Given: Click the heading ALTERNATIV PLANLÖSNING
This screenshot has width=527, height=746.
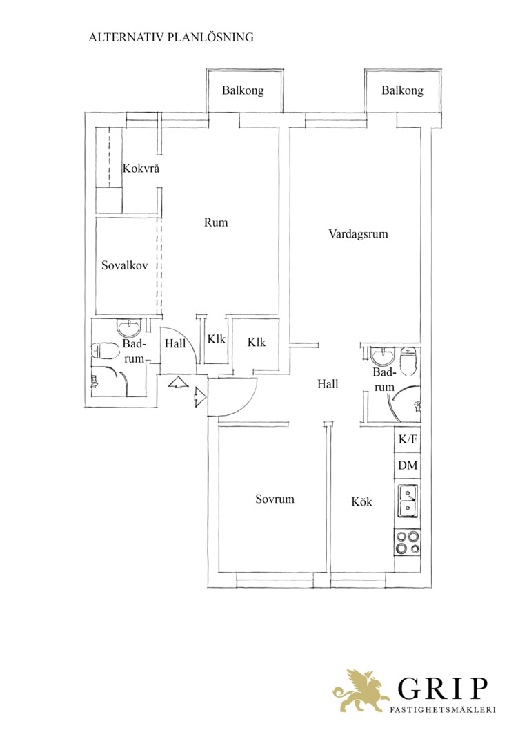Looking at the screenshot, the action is point(171,37).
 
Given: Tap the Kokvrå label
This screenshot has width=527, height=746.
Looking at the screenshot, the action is point(141,169).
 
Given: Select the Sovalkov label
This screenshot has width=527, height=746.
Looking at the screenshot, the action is point(124,265).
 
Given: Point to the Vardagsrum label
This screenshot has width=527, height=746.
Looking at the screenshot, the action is point(358,233).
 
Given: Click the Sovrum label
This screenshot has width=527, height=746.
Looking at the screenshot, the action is point(275,499).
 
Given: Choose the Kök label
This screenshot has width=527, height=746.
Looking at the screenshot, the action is point(361,501).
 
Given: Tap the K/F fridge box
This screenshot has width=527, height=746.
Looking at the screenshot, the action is point(408,439).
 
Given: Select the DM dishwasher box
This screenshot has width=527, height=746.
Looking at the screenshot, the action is point(408,466).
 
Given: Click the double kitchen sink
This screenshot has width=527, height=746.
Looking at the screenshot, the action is point(408,501).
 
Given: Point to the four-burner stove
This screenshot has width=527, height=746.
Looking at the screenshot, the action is point(408,542).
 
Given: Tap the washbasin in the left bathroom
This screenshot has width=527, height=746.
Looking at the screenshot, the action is point(129,329).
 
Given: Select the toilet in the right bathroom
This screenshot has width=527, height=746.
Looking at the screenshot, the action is point(408,361).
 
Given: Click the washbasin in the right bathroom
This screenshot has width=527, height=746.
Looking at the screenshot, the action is point(383,356).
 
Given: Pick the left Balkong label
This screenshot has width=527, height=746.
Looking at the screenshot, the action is point(243,90).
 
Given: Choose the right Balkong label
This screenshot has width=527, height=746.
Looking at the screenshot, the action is point(402,90).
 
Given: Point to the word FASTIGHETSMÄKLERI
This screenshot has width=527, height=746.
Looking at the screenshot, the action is point(442,710).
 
